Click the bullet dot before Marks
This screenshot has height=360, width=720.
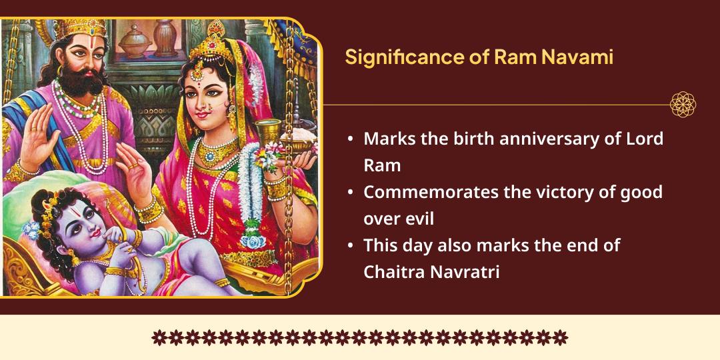click(351, 140)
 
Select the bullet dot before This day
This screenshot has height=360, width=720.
click(351, 246)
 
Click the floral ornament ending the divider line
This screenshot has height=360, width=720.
click(683, 105)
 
